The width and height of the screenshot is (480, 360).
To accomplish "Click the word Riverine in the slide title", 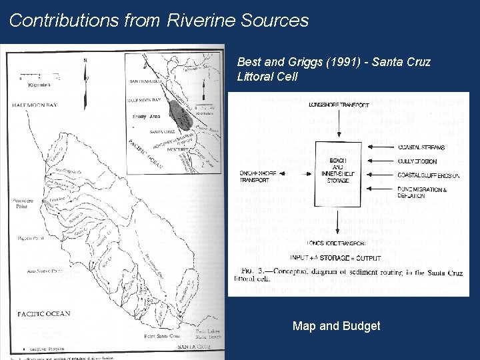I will [193, 20].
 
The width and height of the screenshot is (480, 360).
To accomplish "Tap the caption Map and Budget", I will [336, 326].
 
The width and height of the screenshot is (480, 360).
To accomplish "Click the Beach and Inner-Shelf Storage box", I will [339, 170].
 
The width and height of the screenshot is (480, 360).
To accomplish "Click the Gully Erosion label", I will [418, 161].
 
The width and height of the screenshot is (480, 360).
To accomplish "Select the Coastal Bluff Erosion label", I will [429, 175].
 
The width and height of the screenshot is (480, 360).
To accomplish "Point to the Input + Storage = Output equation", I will [336, 258].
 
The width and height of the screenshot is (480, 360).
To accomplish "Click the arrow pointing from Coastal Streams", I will [377, 147].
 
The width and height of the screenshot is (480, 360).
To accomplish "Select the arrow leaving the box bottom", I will [338, 220].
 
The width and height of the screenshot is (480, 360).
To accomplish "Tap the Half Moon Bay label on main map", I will [34, 106].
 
